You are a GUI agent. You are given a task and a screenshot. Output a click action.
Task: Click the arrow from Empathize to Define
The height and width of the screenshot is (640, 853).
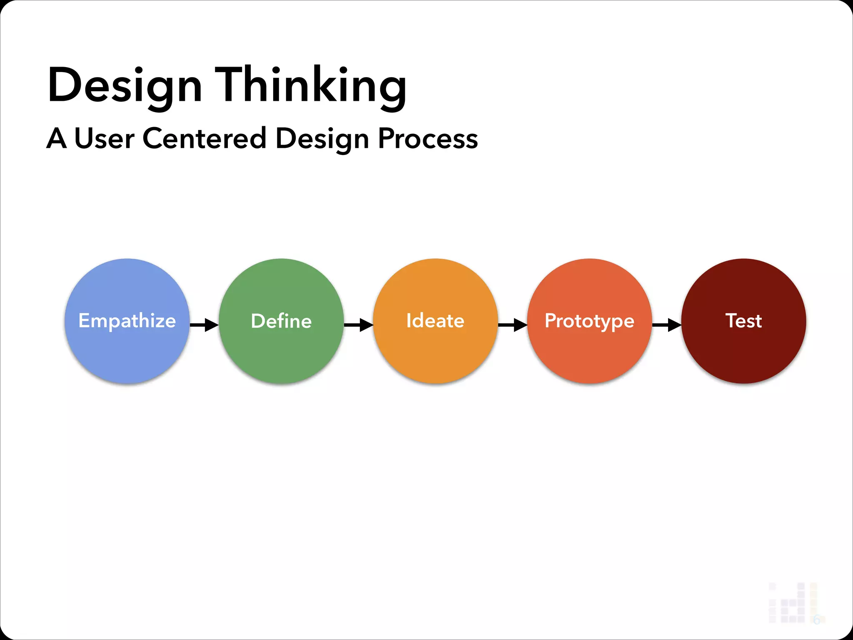pyautogui.click(x=204, y=325)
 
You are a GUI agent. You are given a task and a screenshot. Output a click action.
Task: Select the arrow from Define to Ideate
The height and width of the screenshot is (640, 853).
pyautogui.click(x=359, y=325)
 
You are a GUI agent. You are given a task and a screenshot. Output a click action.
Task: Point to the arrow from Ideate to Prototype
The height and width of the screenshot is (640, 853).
pyautogui.click(x=513, y=325)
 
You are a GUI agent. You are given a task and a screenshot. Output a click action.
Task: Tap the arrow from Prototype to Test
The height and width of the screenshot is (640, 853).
pyautogui.click(x=667, y=325)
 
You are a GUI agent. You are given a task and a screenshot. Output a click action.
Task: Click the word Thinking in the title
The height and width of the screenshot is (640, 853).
pyautogui.click(x=310, y=85)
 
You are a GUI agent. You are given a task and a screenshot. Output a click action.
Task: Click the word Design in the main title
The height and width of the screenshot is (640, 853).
pyautogui.click(x=125, y=85)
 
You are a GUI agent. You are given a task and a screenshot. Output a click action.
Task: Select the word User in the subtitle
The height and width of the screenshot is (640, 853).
pyautogui.click(x=104, y=138)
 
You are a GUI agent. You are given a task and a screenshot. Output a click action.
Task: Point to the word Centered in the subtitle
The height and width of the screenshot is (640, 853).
pyautogui.click(x=204, y=138)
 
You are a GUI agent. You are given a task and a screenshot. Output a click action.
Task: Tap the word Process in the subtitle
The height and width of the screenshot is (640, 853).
pyautogui.click(x=428, y=138)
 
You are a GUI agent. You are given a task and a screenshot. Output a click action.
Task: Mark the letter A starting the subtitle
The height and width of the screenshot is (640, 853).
pyautogui.click(x=56, y=138)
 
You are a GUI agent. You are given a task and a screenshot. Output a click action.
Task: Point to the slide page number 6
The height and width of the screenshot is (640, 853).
pyautogui.click(x=816, y=620)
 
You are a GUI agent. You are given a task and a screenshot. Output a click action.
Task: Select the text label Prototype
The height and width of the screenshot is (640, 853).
pyautogui.click(x=589, y=321)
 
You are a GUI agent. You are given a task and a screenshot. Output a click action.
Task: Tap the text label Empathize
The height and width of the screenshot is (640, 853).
pyautogui.click(x=127, y=321)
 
